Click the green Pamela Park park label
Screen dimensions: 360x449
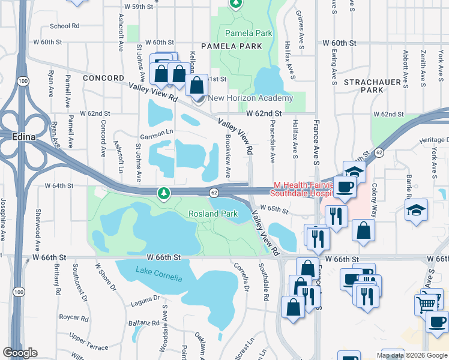pos(244,33)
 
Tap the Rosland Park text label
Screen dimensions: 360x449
pos(213,214)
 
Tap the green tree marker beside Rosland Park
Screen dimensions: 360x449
pos(163,193)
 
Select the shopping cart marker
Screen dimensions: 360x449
pos(426,303)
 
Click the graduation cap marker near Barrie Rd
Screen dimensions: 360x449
pos(416,211)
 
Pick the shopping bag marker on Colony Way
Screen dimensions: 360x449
pos(363,230)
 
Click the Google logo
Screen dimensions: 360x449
pos(20,353)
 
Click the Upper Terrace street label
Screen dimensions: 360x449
pos(89,343)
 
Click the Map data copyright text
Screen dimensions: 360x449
pos(412,355)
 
